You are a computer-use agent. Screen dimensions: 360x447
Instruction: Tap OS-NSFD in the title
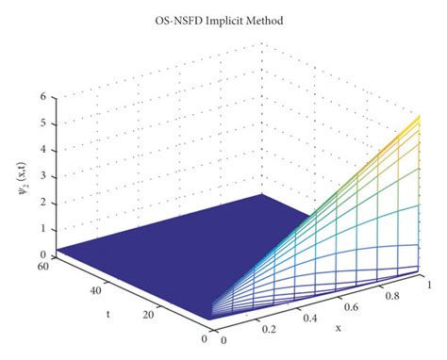(x=182, y=20)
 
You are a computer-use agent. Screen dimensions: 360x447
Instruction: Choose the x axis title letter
(x=337, y=328)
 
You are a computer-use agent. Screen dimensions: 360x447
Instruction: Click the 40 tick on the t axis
(x=95, y=291)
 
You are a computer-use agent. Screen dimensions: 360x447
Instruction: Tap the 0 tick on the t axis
(x=204, y=337)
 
